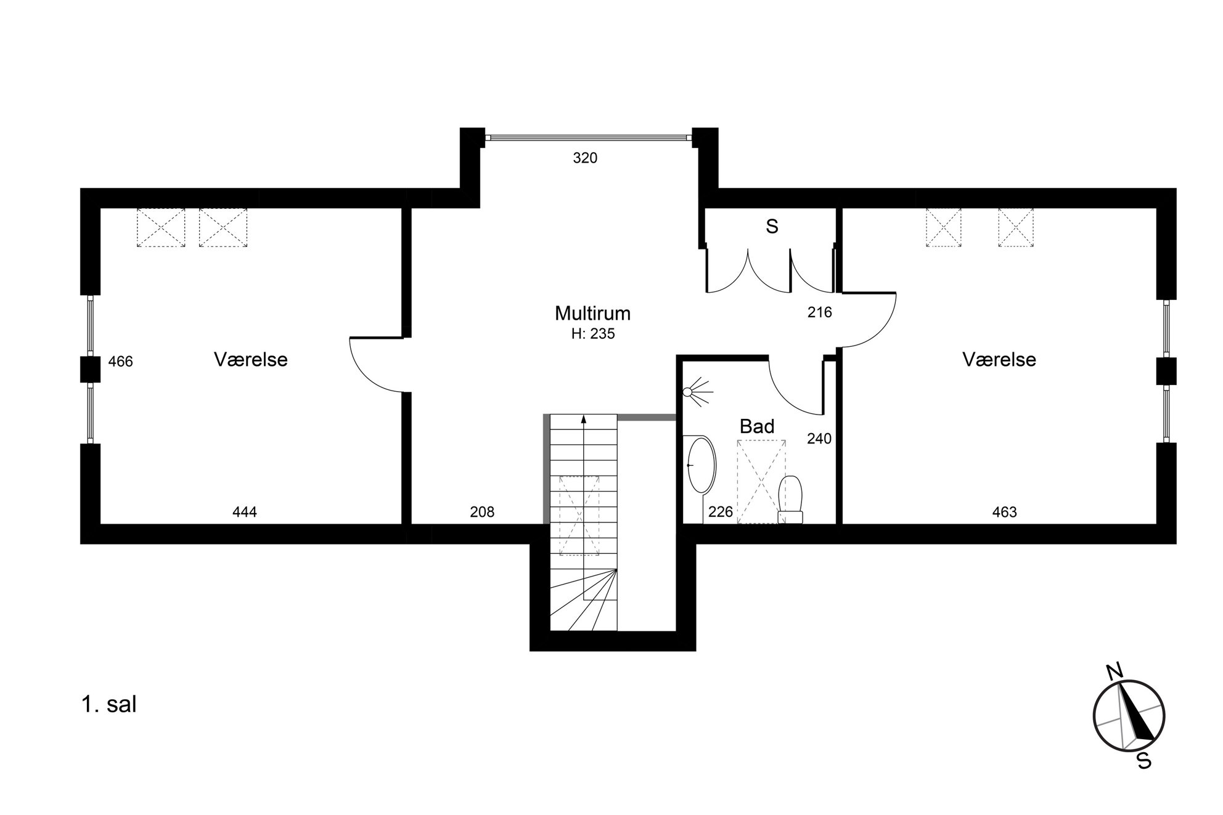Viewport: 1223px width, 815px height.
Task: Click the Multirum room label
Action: click(592, 313)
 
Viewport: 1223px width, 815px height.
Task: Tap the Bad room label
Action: click(756, 426)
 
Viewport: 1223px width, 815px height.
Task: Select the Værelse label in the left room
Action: click(251, 359)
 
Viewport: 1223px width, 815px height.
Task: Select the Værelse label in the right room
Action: click(999, 359)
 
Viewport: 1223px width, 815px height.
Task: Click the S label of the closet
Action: click(772, 227)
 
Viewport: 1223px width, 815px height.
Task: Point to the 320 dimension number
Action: click(585, 158)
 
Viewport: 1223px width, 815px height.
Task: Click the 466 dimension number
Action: click(120, 362)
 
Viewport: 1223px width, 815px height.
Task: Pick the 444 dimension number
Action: click(245, 512)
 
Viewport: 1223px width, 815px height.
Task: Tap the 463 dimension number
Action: click(1005, 512)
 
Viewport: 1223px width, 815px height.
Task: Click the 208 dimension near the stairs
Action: click(482, 512)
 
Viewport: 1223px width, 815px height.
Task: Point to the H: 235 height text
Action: click(593, 334)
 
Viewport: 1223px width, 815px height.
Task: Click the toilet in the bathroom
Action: click(791, 500)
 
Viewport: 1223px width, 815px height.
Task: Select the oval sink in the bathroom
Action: click(701, 464)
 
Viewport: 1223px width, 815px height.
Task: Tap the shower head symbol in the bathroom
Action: click(697, 391)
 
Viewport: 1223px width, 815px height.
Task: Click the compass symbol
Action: click(1129, 715)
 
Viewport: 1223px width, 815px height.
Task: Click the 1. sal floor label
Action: click(109, 704)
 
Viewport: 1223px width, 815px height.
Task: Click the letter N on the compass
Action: click(1114, 673)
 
